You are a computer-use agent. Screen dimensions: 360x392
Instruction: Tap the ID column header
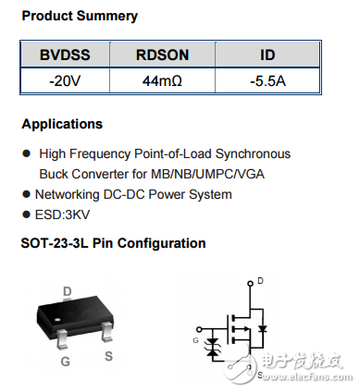point(267,56)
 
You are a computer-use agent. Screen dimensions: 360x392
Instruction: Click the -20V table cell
point(64,81)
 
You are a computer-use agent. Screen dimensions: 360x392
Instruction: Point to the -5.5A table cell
point(267,81)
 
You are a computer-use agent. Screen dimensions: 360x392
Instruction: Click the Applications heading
point(62,124)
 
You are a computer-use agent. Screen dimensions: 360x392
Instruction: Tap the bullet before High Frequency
point(26,153)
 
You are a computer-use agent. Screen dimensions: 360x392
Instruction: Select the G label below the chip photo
point(65,361)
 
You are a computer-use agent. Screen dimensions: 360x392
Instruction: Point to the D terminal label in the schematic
point(260,281)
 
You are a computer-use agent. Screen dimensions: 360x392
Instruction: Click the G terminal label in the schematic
point(195,341)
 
